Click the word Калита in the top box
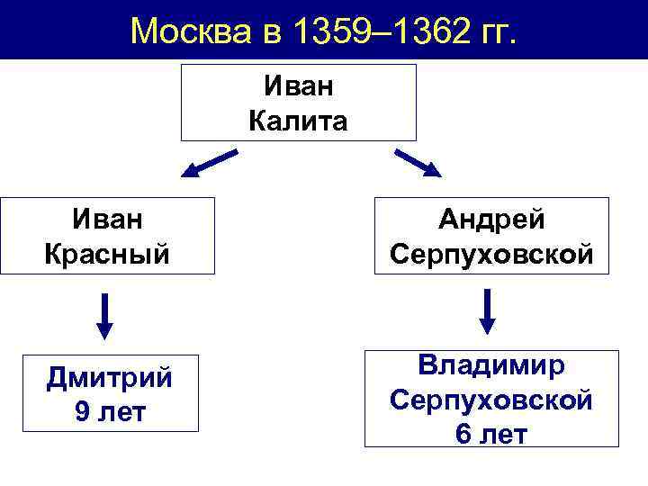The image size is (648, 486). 298,120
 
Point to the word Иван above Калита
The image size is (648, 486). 298,86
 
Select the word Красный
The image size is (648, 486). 107,253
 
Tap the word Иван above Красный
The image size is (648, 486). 107,220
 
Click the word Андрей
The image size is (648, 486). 492,220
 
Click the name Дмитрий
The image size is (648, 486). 110,377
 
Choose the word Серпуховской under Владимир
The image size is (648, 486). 492,399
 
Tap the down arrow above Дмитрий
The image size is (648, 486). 105,315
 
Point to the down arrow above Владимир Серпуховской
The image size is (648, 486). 488,310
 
